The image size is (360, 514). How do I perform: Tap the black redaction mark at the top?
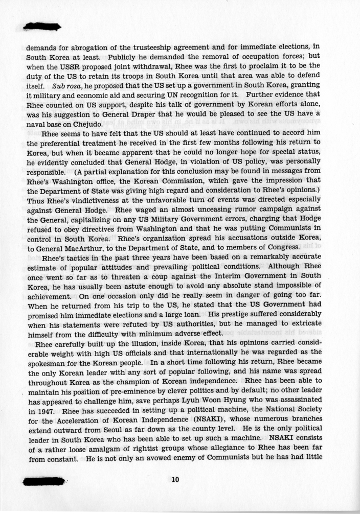click(42, 26)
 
